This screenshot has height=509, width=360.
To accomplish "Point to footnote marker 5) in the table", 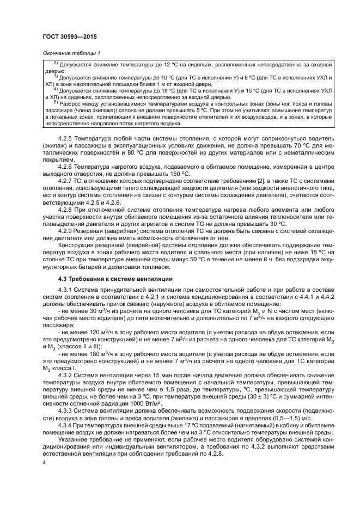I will (55, 101).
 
